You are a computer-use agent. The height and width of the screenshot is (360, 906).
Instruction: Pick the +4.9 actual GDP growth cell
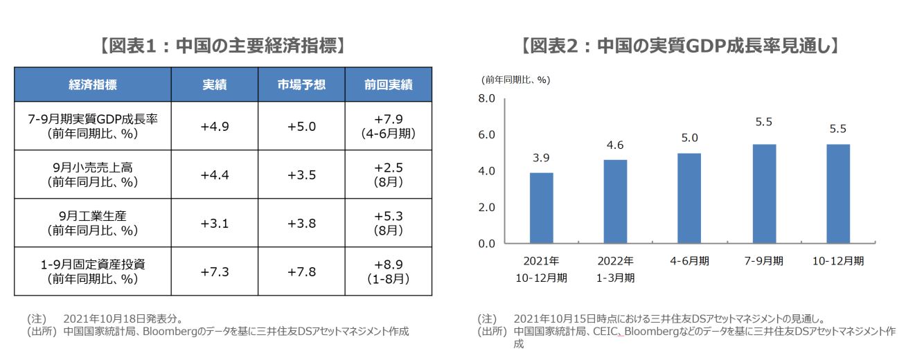pyautogui.click(x=214, y=126)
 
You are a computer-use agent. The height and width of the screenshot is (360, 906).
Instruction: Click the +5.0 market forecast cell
pyautogui.click(x=301, y=126)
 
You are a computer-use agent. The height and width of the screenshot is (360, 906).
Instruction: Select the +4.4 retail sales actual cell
pyautogui.click(x=214, y=174)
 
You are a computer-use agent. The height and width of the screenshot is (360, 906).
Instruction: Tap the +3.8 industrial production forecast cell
pyautogui.click(x=301, y=223)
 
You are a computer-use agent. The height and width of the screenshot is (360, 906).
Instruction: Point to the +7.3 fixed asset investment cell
pyautogui.click(x=214, y=271)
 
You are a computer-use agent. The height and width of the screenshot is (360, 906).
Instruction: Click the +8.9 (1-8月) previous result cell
pyautogui.click(x=388, y=271)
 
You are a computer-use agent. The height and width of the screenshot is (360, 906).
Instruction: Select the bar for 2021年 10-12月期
pyautogui.click(x=541, y=208)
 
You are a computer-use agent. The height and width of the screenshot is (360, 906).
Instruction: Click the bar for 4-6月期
pyautogui.click(x=690, y=198)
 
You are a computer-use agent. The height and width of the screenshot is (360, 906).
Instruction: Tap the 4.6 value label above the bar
pyautogui.click(x=615, y=145)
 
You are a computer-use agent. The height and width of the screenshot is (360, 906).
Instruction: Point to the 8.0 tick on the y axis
pyautogui.click(x=487, y=99)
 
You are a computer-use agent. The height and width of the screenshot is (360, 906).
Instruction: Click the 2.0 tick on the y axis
pyautogui.click(x=487, y=207)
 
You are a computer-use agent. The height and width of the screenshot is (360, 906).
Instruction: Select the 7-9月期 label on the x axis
pyautogui.click(x=764, y=261)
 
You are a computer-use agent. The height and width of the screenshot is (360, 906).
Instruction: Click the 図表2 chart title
pyautogui.click(x=680, y=46)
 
